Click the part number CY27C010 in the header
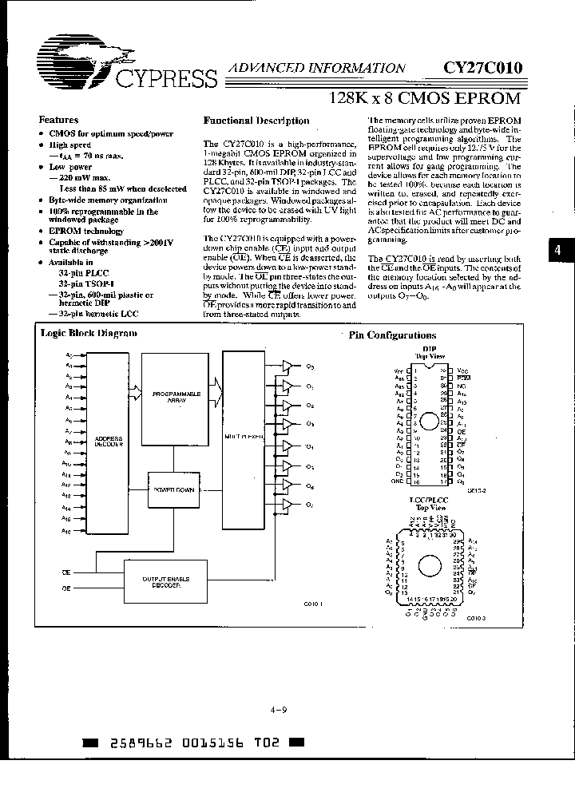click(482, 69)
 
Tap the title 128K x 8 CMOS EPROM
click(425, 99)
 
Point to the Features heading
click(59, 120)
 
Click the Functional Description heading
click(256, 121)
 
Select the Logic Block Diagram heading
click(89, 333)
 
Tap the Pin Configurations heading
click(393, 335)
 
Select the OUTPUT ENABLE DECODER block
click(164, 582)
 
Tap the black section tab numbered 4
click(557, 250)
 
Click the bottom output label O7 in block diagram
click(309, 505)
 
